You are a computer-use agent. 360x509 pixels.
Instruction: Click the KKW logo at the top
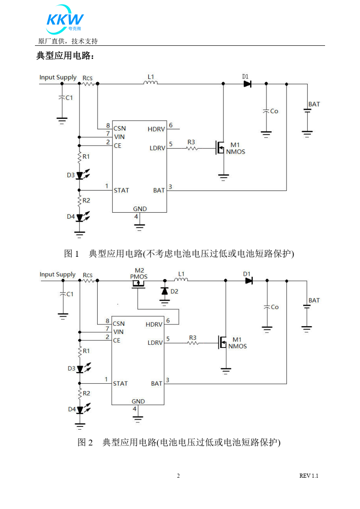coord(65,20)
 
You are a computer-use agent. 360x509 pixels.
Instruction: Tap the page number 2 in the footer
coord(178,476)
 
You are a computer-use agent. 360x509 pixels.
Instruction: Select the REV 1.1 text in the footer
coord(309,476)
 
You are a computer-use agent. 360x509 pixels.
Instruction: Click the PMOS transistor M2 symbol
coord(138,284)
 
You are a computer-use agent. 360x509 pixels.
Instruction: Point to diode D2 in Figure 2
coord(164,290)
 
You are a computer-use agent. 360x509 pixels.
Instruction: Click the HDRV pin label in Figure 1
coord(157,129)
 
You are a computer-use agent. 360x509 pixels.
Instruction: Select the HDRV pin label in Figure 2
coord(154,324)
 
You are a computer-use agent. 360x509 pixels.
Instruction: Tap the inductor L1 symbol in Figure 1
coord(151,83)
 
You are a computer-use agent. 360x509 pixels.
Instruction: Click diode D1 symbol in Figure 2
coord(248,281)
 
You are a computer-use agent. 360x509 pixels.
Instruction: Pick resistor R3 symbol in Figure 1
coord(192,148)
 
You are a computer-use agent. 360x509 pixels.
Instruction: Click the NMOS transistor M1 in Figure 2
coord(223,343)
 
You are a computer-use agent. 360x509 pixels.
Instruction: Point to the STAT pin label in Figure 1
coord(121,190)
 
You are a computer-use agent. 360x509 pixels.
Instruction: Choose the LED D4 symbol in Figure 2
coord(80,409)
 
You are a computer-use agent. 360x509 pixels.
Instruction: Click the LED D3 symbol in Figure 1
coord(80,175)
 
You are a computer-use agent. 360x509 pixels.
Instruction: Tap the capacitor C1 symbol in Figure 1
coord(62,98)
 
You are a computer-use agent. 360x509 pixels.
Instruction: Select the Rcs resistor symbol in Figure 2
coord(88,281)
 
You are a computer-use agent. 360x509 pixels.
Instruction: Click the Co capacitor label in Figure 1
coord(274,111)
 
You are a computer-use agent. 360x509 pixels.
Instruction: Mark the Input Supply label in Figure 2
coord(58,274)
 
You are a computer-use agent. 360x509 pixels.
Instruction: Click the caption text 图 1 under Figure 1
coord(72,254)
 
